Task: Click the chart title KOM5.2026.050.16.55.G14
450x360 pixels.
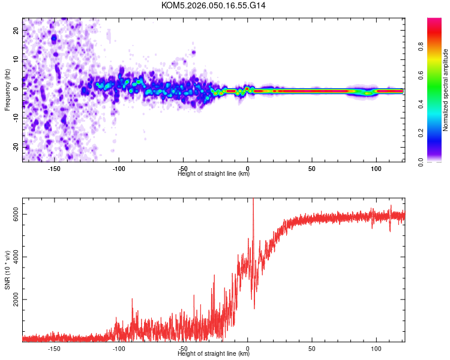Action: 214,5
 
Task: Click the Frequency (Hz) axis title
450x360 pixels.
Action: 7,90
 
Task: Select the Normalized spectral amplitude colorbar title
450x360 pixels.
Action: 446,90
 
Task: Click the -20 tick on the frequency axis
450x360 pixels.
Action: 15,146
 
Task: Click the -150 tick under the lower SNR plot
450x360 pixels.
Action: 53,348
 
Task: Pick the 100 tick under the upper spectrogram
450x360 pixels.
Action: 376,168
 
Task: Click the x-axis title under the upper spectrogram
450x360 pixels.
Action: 214,174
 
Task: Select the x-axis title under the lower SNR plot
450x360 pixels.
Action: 214,354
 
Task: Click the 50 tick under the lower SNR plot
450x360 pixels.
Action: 312,348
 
